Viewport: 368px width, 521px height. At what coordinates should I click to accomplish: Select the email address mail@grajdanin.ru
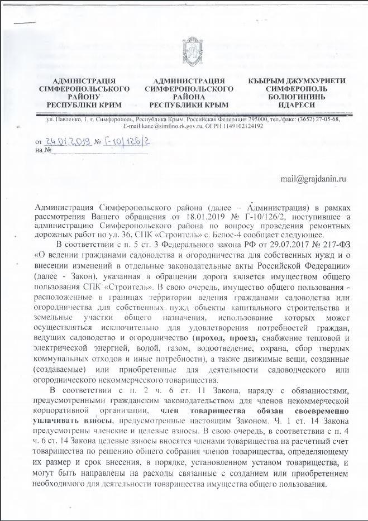point(313,179)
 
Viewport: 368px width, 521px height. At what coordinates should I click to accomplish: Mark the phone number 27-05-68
point(324,119)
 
